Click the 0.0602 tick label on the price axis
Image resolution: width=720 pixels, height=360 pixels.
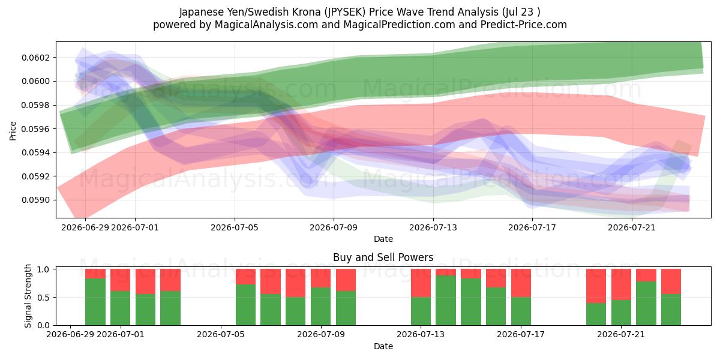point(36,58)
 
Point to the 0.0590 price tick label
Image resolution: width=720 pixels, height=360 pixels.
point(36,200)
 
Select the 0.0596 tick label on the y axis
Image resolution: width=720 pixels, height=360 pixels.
point(36,129)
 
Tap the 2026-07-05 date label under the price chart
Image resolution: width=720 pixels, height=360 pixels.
point(235,227)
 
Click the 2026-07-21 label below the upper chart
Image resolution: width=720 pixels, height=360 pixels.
point(632,227)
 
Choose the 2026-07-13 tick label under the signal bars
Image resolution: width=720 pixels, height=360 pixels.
point(421,335)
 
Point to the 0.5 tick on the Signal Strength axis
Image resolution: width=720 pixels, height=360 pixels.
point(43,298)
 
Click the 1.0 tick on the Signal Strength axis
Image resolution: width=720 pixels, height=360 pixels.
point(43,269)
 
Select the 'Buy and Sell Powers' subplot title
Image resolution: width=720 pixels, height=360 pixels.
point(383,257)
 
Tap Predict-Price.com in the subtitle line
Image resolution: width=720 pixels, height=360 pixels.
point(524,25)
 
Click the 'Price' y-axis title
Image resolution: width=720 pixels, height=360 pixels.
point(13,131)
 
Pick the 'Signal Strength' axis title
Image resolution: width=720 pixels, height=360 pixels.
point(28,296)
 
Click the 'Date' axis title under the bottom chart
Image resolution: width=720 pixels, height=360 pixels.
point(383,346)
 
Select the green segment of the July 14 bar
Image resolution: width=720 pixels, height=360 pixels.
point(445,301)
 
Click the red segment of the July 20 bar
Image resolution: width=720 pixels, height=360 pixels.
point(596,286)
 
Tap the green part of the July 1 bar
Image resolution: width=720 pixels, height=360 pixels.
point(120,308)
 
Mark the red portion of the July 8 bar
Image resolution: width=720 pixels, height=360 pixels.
point(295,283)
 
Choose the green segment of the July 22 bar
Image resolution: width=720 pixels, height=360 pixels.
point(646,304)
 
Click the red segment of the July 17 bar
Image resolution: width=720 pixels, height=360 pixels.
point(521,283)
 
